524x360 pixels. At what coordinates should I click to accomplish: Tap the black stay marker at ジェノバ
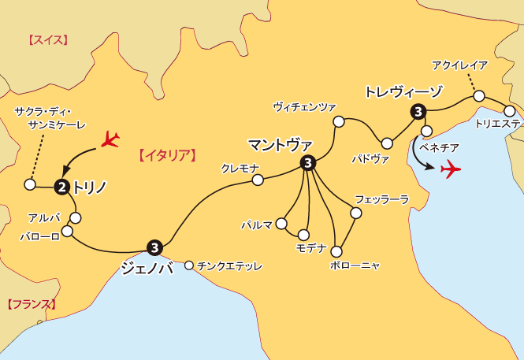[x=154, y=247]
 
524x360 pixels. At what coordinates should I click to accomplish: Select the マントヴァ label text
[x=280, y=145]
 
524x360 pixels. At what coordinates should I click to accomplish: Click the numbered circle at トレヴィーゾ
[x=417, y=112]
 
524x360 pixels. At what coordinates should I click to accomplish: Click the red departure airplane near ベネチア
[x=452, y=169]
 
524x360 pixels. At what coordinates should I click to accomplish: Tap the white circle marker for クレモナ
[x=257, y=180]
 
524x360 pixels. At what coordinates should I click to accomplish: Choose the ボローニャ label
[x=356, y=265]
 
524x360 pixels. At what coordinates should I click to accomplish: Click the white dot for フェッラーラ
[x=356, y=213]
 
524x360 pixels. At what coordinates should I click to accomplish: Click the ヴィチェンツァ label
[x=304, y=106]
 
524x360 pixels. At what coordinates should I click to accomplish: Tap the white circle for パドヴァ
[x=387, y=143]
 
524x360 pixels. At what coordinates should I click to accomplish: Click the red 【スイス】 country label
[x=48, y=39]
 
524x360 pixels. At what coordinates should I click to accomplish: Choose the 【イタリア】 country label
[x=166, y=154]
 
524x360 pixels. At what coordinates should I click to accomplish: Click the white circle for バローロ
[x=67, y=232]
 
